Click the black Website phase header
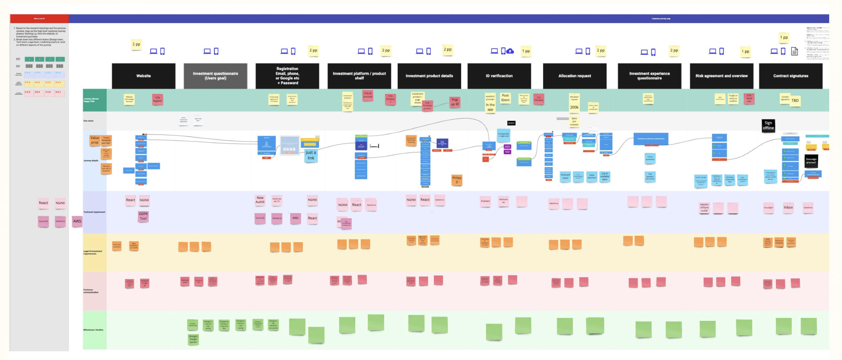(143, 76)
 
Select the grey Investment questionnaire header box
(215, 76)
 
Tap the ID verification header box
(499, 76)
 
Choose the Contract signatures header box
(790, 76)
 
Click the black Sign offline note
(768, 125)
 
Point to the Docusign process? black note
(811, 161)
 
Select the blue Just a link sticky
(310, 155)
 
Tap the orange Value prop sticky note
(95, 140)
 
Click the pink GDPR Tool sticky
(143, 216)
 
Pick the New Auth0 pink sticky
(260, 200)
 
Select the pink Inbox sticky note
(788, 208)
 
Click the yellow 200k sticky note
(574, 107)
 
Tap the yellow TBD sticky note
(795, 101)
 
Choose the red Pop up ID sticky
(455, 102)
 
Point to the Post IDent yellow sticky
(505, 98)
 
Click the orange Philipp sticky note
(457, 180)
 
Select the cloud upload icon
(510, 51)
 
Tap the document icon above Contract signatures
(794, 51)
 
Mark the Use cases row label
(88, 121)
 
